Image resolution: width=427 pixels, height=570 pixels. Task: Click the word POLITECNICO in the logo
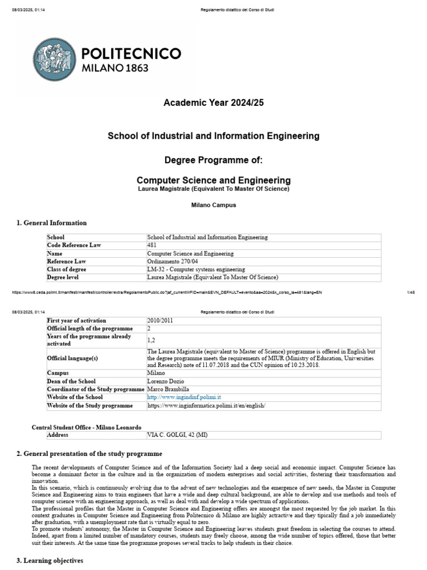click(x=131, y=53)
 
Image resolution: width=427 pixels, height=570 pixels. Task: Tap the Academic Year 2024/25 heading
click(x=213, y=103)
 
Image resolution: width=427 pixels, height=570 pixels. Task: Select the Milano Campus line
click(x=213, y=205)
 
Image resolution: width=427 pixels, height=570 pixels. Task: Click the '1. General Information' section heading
click(x=52, y=223)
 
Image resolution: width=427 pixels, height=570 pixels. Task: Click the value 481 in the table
click(x=152, y=245)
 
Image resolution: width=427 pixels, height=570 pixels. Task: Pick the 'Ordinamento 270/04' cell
click(x=172, y=261)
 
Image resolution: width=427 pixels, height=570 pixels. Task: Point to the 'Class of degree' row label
click(x=67, y=269)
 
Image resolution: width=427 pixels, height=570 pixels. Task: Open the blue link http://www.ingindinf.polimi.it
click(x=184, y=397)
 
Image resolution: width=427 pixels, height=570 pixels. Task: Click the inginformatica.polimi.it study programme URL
click(x=207, y=406)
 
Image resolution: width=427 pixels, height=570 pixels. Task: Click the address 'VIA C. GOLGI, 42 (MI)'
click(x=177, y=435)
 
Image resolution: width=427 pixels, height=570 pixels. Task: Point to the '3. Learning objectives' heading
click(x=50, y=561)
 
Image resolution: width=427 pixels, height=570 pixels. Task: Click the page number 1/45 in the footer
click(x=411, y=292)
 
